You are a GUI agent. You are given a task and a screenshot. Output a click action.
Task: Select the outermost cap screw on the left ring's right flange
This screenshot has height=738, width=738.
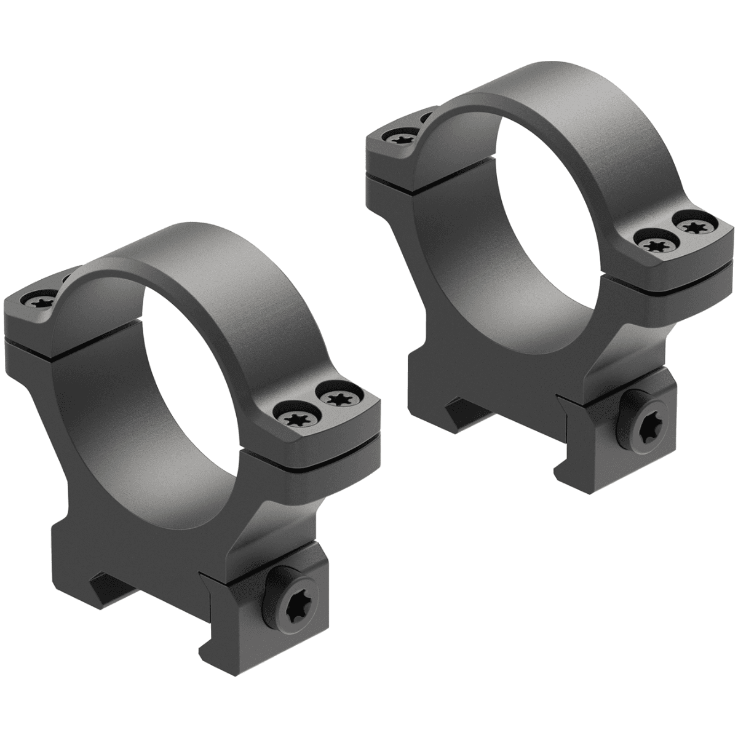pyautogui.click(x=338, y=400)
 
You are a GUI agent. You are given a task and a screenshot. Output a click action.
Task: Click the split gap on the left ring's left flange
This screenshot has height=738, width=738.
pyautogui.click(x=31, y=337)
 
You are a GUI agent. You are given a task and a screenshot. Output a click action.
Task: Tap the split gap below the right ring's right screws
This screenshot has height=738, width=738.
pyautogui.click(x=676, y=278)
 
